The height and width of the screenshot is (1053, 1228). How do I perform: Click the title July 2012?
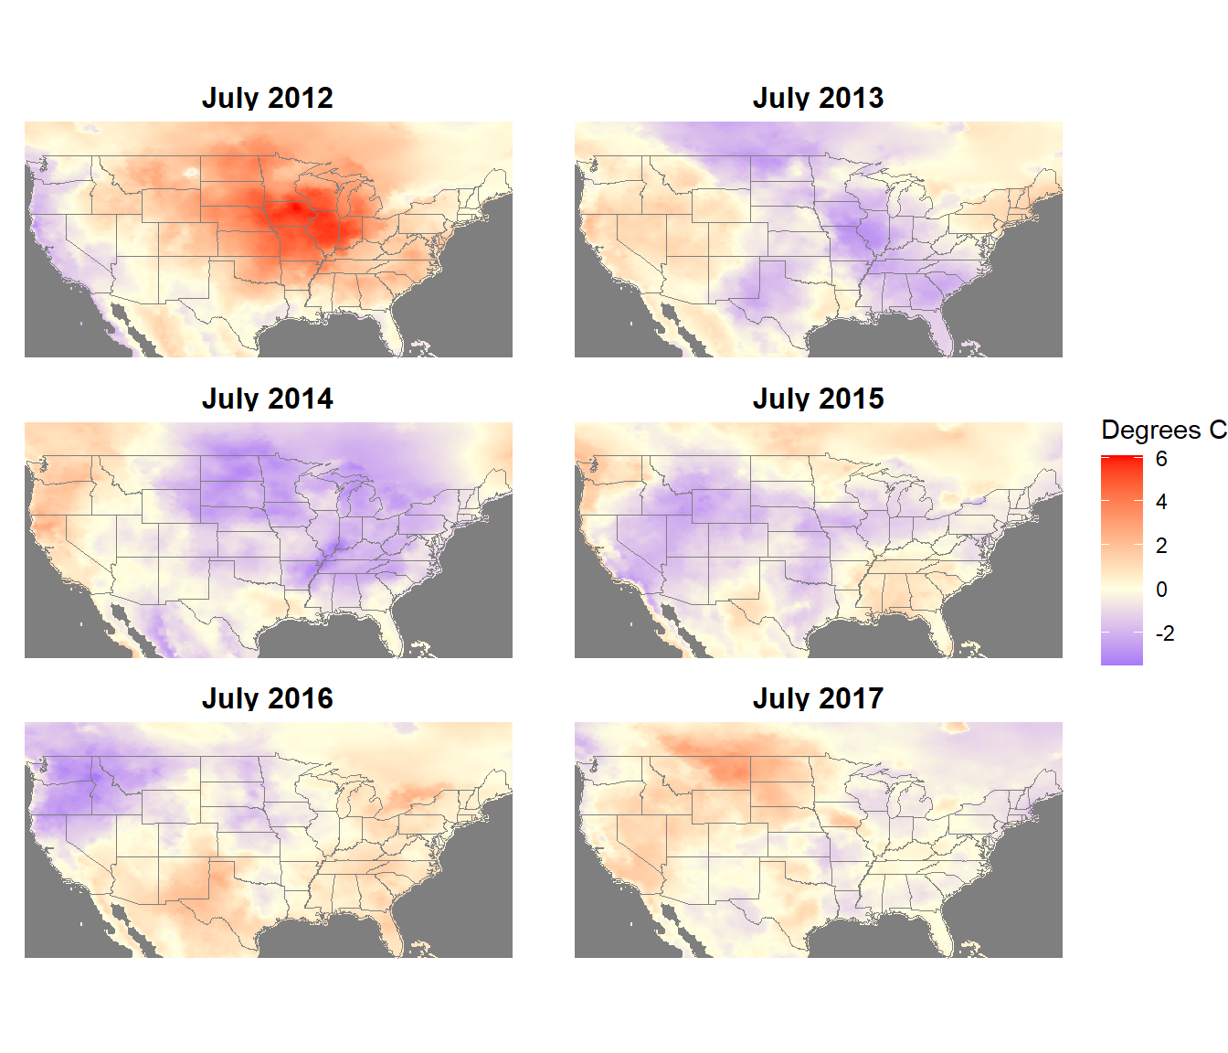[x=267, y=98]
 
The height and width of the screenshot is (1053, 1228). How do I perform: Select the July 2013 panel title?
[x=818, y=98]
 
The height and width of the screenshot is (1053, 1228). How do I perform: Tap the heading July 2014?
[x=267, y=399]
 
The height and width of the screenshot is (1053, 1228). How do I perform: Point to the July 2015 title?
[x=818, y=399]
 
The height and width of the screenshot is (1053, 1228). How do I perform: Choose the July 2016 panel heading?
[x=267, y=698]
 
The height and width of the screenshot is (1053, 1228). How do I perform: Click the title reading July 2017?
[x=818, y=698]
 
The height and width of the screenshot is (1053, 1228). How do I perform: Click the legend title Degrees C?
[x=1163, y=430]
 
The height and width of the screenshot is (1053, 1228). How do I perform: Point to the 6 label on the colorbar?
[x=1161, y=459]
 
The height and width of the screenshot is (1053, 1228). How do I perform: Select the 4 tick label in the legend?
[x=1161, y=502]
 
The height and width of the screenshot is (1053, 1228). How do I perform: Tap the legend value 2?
[x=1161, y=546]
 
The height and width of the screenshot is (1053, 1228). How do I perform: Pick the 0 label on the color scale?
[x=1161, y=590]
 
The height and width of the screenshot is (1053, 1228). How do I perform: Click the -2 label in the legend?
[x=1164, y=633]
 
